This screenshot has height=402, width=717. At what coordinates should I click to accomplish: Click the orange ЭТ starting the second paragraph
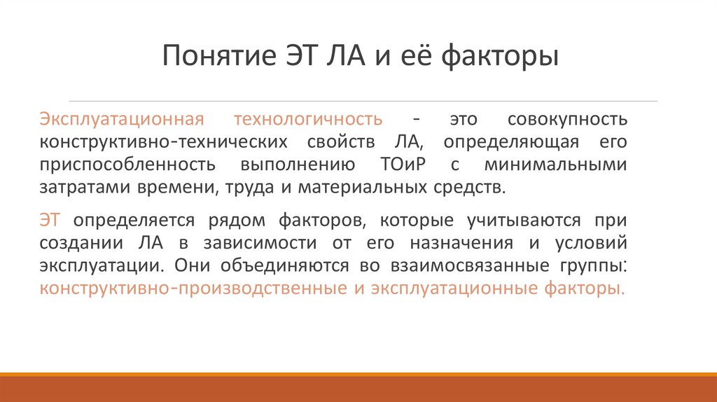point(50,221)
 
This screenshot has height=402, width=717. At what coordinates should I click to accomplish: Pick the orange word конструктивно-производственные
point(193,289)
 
